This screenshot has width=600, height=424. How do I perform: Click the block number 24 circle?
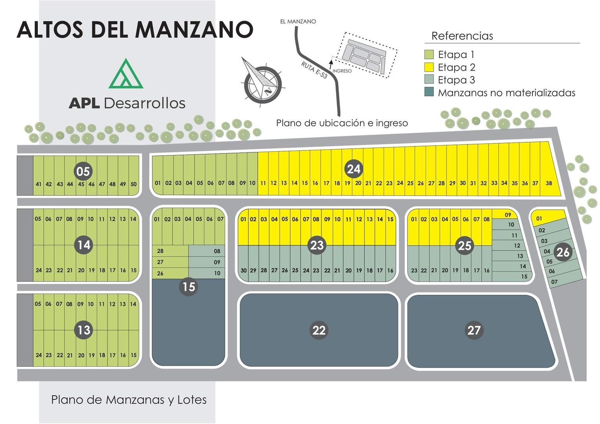(353, 169)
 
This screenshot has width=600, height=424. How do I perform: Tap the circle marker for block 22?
(319, 330)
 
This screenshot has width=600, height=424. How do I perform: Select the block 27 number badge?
(474, 330)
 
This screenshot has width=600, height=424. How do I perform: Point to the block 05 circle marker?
(83, 171)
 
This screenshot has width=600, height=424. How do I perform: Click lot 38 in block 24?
(549, 183)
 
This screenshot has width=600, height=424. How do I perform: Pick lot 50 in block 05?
(134, 184)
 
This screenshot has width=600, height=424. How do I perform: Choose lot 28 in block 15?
(160, 251)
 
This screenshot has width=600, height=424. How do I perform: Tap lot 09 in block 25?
(508, 215)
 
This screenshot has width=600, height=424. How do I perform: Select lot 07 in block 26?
(554, 281)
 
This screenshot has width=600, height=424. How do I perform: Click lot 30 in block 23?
(244, 270)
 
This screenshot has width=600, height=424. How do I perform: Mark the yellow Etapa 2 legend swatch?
(429, 67)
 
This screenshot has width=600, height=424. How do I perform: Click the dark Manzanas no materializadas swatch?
(429, 93)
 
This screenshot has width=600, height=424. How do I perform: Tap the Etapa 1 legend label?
(456, 55)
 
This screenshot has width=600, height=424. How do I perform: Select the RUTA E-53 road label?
(314, 70)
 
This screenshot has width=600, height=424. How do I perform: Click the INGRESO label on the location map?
(342, 71)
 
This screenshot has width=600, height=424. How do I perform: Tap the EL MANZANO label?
(298, 22)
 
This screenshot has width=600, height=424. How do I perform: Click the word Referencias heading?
(462, 36)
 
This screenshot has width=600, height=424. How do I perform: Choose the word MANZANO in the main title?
(194, 29)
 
